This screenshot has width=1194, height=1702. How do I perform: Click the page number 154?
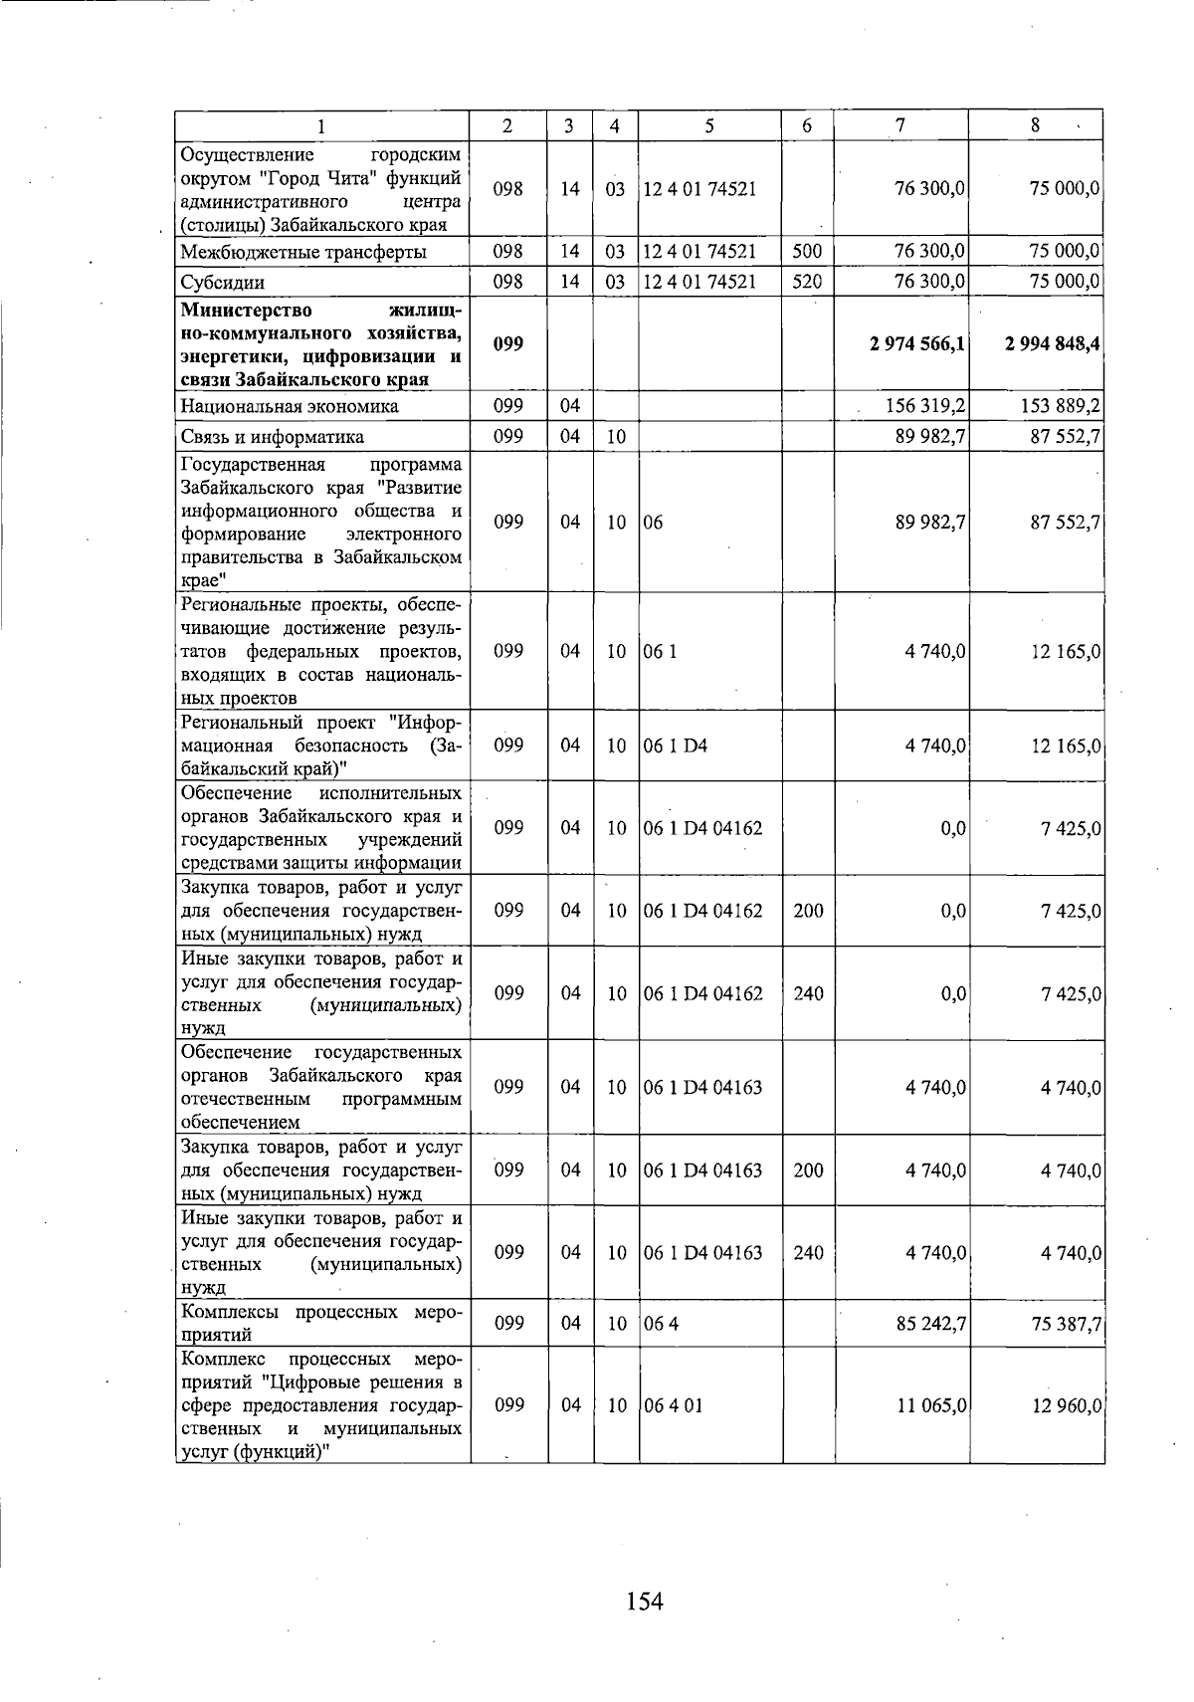[x=645, y=1600]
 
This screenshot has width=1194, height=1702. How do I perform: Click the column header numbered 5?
[x=709, y=125]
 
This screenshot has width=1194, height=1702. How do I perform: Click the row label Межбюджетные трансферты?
[x=303, y=253]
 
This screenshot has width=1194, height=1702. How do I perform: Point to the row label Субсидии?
[x=222, y=283]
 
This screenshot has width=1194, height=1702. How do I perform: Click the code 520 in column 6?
[x=807, y=282]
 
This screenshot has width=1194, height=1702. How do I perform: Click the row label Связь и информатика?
[x=272, y=437]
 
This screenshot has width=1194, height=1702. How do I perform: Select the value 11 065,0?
[x=931, y=1405]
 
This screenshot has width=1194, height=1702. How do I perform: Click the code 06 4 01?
[x=673, y=1405]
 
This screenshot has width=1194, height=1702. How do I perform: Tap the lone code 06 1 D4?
[x=676, y=745]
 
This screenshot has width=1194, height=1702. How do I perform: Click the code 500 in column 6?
[x=807, y=252]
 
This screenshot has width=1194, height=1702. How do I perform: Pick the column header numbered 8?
[x=1035, y=125]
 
